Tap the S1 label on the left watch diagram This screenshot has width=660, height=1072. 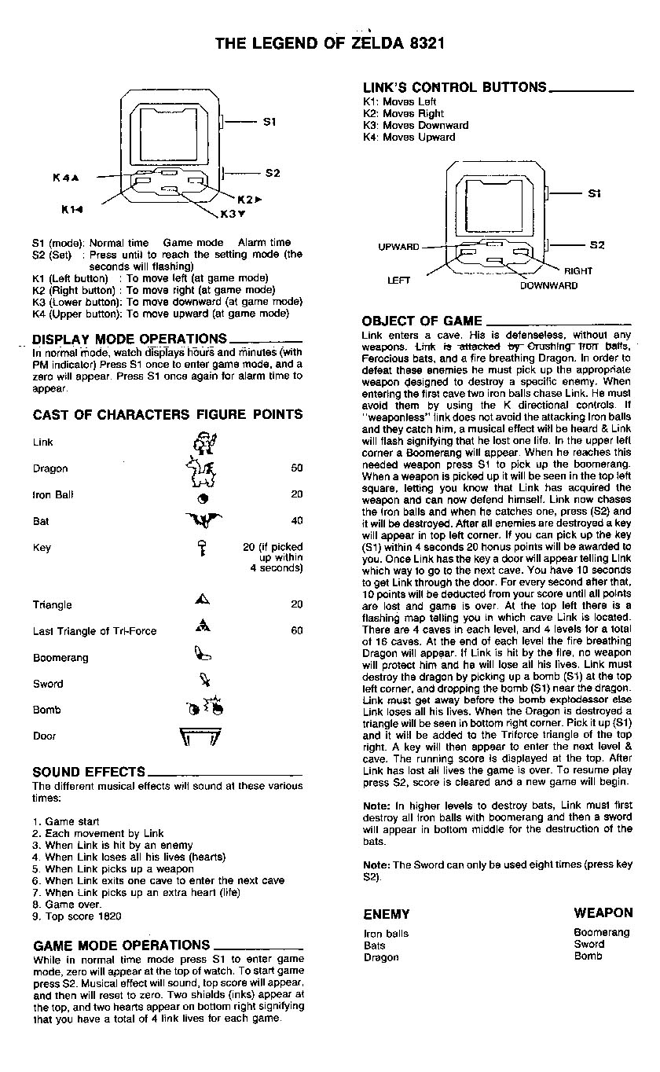pyautogui.click(x=269, y=122)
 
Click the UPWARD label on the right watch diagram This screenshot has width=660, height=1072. pyautogui.click(x=399, y=247)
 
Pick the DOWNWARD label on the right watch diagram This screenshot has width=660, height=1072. pyautogui.click(x=548, y=285)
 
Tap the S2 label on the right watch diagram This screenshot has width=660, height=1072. pyautogui.click(x=597, y=245)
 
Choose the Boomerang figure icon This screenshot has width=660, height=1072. pyautogui.click(x=200, y=652)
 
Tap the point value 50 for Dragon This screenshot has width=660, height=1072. pyautogui.click(x=296, y=468)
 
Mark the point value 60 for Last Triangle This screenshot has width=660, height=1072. pyautogui.click(x=296, y=630)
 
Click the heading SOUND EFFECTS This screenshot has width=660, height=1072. pyautogui.click(x=89, y=772)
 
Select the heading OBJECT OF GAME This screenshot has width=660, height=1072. pyautogui.click(x=422, y=321)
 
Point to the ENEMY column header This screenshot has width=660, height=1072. pyautogui.click(x=386, y=914)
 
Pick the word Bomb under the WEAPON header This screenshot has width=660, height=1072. pyautogui.click(x=588, y=956)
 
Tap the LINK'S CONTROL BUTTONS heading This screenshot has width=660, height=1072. pyautogui.click(x=454, y=87)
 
